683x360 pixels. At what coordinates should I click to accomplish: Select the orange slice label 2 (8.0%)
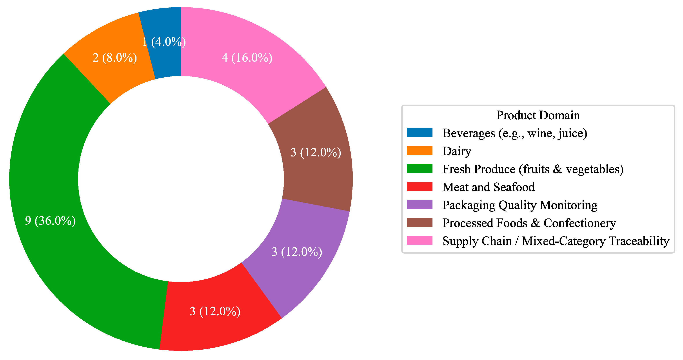pos(114,58)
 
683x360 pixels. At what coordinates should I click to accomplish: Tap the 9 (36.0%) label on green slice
pos(50,221)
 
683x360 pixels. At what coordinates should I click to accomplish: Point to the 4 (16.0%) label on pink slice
pos(247,58)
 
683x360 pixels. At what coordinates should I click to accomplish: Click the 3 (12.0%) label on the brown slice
pos(316,153)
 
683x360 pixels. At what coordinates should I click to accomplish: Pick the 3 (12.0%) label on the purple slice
pos(297,252)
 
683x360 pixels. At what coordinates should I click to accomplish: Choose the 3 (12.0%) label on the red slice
pos(215,311)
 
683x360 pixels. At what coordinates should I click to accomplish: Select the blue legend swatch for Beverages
pos(420,133)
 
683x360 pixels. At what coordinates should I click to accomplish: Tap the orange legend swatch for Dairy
pos(420,151)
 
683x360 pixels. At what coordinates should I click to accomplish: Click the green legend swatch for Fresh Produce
pos(420,169)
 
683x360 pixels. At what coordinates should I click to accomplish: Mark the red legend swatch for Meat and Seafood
pos(420,187)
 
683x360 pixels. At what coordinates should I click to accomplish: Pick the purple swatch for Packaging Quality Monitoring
pos(420,205)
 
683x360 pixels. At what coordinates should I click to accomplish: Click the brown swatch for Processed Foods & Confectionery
pos(420,223)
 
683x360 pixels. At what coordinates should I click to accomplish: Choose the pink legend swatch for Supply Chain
pos(420,241)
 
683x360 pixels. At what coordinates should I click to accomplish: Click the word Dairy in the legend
pos(457,151)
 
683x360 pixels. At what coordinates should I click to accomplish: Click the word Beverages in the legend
pos(469,133)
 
